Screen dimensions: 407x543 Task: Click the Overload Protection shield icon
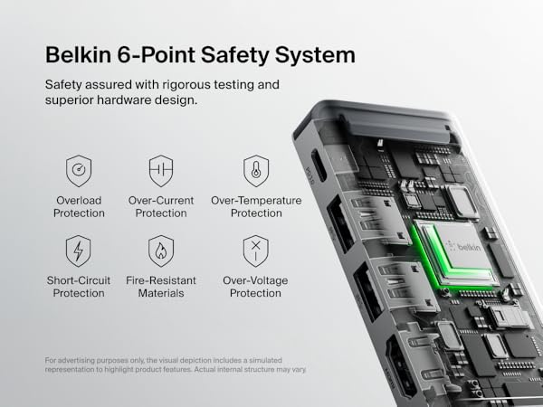78,171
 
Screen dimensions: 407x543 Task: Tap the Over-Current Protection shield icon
160,171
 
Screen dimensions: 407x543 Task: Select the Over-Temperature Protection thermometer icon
256,171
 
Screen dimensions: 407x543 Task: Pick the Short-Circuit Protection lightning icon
78,251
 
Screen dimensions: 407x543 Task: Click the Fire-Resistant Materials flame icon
160,251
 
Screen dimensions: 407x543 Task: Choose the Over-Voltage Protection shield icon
256,251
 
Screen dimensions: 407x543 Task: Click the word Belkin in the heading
80,54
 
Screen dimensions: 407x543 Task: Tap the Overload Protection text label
78,207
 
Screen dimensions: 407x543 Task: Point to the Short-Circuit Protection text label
78,287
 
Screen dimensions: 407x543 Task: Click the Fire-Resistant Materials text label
160,287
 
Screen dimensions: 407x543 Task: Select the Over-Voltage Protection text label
256,287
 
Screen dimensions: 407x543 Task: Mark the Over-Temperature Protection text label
256,207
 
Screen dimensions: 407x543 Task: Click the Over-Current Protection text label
160,207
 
